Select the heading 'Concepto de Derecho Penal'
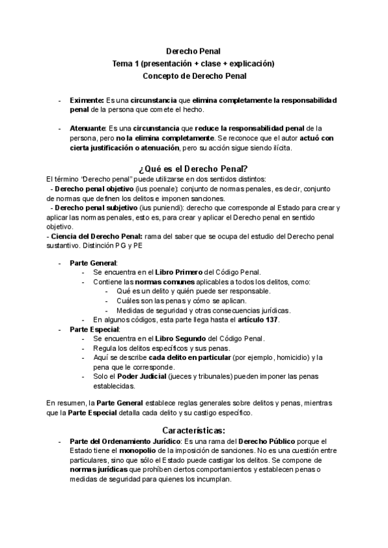pyautogui.click(x=194, y=76)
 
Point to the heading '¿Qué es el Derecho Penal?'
pyautogui.click(x=193, y=169)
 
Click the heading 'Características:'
pyautogui.click(x=193, y=429)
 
